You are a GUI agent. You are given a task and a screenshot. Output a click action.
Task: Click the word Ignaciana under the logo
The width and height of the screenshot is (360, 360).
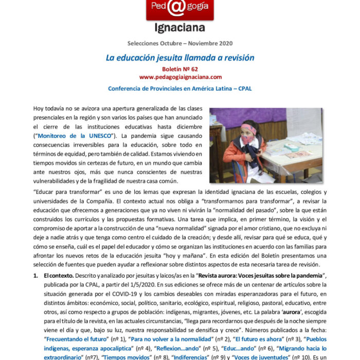(x=179, y=27)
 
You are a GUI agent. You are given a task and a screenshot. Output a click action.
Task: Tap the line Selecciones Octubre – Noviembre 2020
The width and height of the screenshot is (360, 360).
(x=179, y=43)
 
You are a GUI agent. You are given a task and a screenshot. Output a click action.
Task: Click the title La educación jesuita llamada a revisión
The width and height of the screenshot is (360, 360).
(x=179, y=58)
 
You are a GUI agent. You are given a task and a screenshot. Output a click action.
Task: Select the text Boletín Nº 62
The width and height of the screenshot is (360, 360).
(x=179, y=69)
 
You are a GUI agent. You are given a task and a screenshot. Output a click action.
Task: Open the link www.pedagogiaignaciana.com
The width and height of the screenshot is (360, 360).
(x=180, y=77)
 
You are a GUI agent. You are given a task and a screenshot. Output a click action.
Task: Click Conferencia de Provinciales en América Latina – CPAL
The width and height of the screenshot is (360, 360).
(x=179, y=88)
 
